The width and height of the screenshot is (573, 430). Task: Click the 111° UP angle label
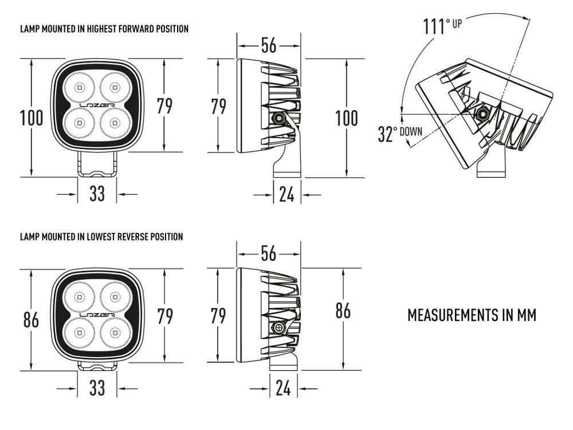coord(442,26)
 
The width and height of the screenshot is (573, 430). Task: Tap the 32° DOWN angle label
coord(399,133)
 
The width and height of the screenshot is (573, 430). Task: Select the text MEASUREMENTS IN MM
coord(472,315)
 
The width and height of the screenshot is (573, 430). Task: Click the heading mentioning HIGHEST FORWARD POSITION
coord(104,29)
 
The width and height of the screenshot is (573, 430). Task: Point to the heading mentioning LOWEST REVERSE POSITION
coord(101,236)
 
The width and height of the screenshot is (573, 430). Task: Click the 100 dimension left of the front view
coord(32,118)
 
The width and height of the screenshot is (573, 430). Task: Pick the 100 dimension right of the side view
coord(346,118)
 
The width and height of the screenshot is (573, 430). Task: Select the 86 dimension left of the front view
coord(32,320)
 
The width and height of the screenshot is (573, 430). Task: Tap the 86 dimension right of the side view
coord(343,311)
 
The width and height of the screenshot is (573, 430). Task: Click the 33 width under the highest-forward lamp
coord(97,194)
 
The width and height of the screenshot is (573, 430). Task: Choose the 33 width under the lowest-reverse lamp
coord(97,389)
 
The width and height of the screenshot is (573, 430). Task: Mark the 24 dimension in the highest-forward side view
coord(286,195)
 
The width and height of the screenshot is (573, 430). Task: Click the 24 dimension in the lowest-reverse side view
coord(283,389)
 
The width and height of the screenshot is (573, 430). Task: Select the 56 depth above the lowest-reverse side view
coord(269,253)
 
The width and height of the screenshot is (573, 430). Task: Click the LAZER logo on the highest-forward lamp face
coord(97,106)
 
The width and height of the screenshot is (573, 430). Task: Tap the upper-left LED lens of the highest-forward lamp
coord(79,88)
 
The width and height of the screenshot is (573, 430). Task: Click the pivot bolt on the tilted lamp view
coord(482,114)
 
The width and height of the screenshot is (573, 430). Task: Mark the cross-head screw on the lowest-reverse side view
coord(279,328)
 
